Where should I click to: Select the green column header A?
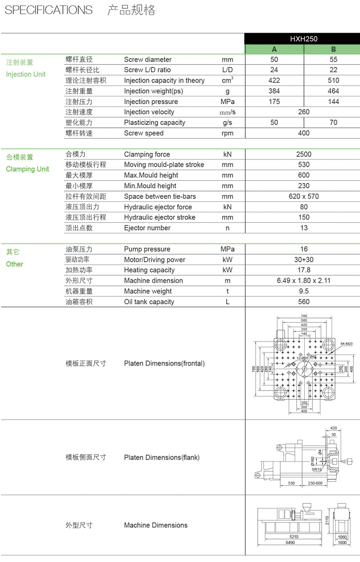(274, 49)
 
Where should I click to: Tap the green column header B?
(334, 49)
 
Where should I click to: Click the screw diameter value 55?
(334, 60)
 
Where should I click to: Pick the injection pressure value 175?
(274, 101)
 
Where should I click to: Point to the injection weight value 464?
(334, 91)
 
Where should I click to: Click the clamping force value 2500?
(304, 154)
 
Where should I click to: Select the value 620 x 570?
(304, 196)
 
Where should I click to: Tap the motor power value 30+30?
(304, 260)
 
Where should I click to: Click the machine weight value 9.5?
(304, 291)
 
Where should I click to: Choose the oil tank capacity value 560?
(304, 302)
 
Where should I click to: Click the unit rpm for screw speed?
(228, 133)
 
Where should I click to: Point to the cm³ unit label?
(228, 80)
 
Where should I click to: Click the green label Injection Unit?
(26, 74)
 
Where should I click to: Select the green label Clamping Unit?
(27, 169)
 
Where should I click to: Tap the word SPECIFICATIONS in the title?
(48, 10)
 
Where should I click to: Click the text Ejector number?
(147, 228)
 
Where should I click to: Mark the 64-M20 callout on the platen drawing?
(347, 344)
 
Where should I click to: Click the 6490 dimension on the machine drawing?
(290, 542)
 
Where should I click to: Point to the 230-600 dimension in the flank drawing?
(315, 483)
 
